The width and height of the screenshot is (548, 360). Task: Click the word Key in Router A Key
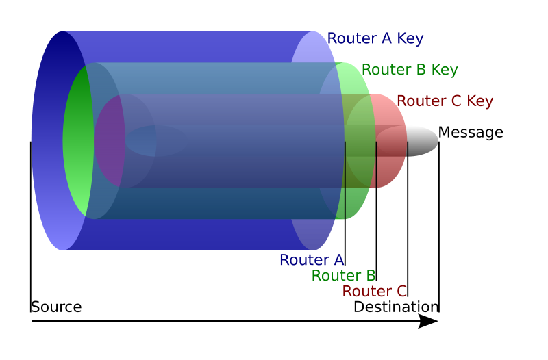click(x=409, y=39)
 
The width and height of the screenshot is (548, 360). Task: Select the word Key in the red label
click(x=480, y=101)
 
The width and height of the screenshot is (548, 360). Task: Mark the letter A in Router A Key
click(x=386, y=39)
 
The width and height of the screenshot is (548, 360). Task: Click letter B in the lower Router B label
click(x=369, y=276)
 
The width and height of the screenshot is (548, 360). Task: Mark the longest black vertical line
click(x=345, y=181)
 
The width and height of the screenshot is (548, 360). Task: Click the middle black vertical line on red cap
click(x=376, y=164)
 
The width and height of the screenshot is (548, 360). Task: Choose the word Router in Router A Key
click(x=351, y=39)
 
